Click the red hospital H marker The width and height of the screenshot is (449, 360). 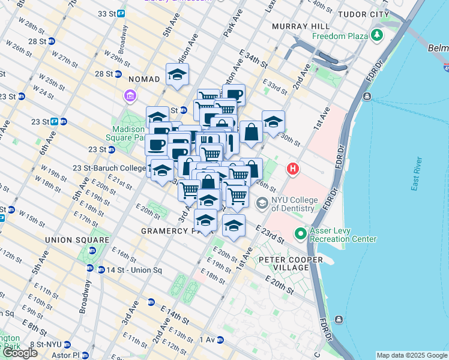point(293,169)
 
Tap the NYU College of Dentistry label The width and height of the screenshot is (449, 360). point(292,204)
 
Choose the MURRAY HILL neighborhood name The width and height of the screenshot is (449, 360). point(300,27)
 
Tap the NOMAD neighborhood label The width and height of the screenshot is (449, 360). point(144,79)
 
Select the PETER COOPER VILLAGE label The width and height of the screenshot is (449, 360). point(291,260)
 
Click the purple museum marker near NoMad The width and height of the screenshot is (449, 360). point(130,96)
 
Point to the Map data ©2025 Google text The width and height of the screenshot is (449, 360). point(412,355)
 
